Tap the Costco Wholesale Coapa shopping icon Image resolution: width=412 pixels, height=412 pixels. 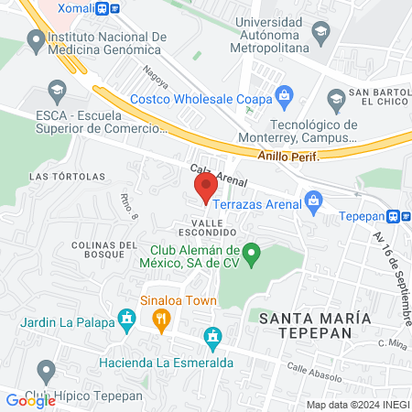285,93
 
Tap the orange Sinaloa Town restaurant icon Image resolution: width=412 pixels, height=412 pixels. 161,318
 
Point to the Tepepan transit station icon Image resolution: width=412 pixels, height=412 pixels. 393,217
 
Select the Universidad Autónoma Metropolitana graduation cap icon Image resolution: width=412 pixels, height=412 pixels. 321,37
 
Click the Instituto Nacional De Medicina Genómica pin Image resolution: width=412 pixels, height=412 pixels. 36,39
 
